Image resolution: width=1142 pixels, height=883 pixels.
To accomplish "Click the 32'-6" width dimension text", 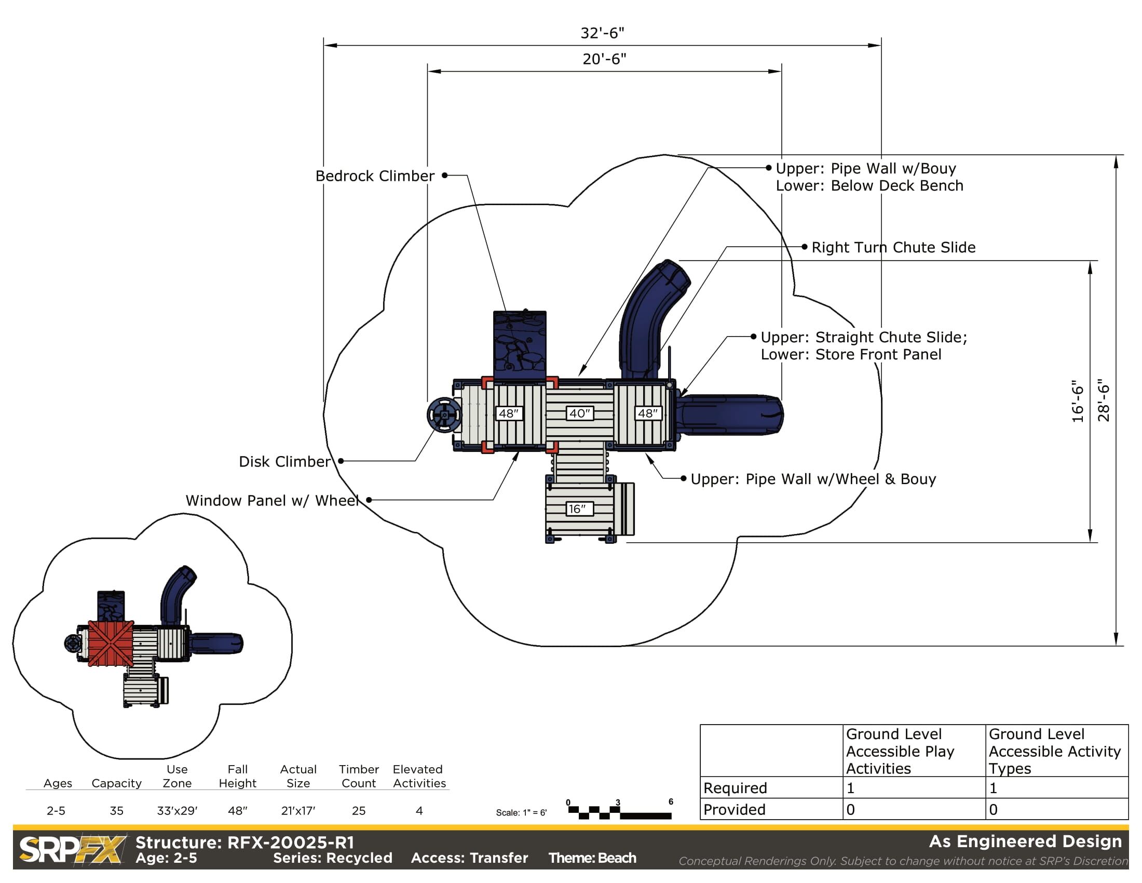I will coord(602,33).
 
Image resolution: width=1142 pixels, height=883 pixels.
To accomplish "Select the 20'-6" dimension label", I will coord(604,59).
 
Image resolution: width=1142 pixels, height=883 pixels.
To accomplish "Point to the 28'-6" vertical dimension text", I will coord(1103,400).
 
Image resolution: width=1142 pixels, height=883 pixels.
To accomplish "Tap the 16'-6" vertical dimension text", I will coord(1078,401).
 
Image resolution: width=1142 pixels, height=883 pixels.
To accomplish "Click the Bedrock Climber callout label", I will coord(374,176).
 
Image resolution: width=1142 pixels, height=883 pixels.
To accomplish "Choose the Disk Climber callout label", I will coord(284,461).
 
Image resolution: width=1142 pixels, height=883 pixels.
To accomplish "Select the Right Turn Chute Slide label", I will coord(893,247).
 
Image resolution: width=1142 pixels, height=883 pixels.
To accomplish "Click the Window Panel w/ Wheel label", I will coord(272,501).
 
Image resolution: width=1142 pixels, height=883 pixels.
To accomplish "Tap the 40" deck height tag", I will coord(579,413).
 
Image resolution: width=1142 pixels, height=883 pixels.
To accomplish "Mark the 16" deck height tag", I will coord(577,509).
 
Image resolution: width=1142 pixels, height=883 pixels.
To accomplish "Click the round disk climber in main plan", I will coord(444,415).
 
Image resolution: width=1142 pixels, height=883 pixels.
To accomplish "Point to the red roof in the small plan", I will coord(111,643).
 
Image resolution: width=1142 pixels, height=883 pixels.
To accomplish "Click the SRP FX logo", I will coord(72,849).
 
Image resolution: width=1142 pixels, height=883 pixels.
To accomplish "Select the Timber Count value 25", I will coord(358,810).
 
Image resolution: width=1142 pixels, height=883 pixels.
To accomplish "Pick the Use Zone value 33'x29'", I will coord(176,810).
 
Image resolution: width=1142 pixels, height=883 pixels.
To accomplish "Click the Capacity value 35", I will coord(116,810).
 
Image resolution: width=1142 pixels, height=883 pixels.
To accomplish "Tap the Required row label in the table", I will coord(735,788).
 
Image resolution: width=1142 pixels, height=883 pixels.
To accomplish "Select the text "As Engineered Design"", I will coord(1025,841).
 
